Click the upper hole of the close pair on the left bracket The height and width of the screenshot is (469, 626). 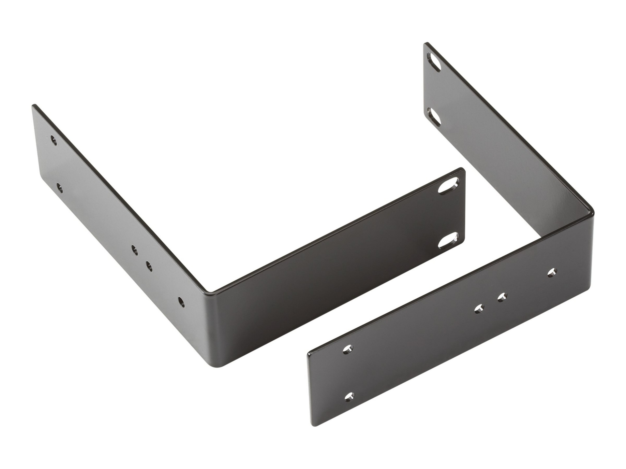134,250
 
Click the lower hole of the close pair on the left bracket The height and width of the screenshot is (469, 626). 149,266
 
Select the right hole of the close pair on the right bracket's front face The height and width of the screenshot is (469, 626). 502,297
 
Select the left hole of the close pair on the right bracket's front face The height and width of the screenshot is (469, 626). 479,309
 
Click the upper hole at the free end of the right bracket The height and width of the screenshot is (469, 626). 348,349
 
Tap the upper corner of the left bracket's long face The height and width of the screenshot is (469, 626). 34,106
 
